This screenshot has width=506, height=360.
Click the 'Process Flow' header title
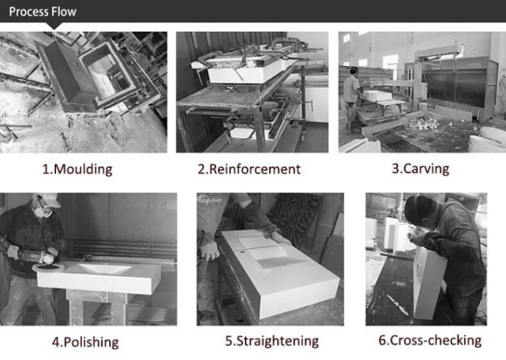(43, 12)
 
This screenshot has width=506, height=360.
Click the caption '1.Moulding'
(78, 169)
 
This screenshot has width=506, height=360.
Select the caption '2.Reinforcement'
(249, 169)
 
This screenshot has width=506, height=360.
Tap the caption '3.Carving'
(420, 169)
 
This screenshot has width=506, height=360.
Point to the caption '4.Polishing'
(86, 342)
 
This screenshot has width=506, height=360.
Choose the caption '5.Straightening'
(272, 341)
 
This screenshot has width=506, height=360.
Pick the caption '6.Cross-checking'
(430, 340)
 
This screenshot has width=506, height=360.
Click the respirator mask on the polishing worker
(42, 211)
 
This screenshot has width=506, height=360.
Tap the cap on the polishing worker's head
(48, 199)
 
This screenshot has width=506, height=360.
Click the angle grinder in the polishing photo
(36, 257)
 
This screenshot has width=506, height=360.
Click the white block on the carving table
(378, 95)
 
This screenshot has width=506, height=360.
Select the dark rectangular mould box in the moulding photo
(68, 75)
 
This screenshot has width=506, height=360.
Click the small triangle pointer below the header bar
(54, 26)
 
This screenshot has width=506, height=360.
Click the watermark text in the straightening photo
(210, 198)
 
